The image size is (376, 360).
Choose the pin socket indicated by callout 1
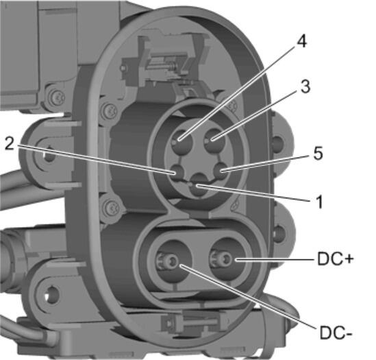(x=199, y=186)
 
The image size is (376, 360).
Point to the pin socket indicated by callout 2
(x=176, y=170)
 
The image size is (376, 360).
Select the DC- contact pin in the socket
(x=168, y=261)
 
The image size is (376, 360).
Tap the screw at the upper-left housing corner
(x=51, y=95)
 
